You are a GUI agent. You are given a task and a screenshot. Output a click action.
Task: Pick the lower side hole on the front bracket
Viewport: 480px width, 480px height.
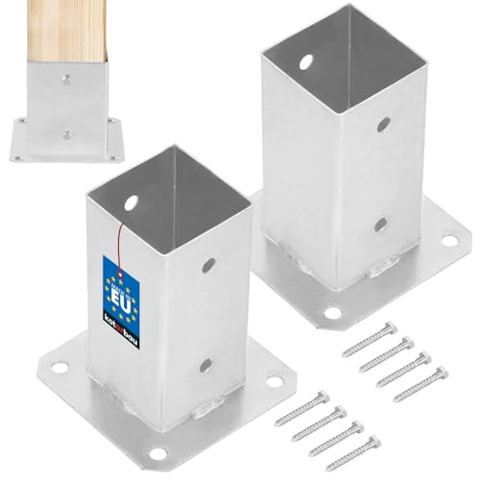click(x=204, y=366)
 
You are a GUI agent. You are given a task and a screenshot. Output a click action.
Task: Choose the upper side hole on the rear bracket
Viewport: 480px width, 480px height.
click(x=381, y=126)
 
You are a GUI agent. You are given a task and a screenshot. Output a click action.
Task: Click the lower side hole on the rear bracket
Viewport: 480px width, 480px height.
click(x=381, y=225)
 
